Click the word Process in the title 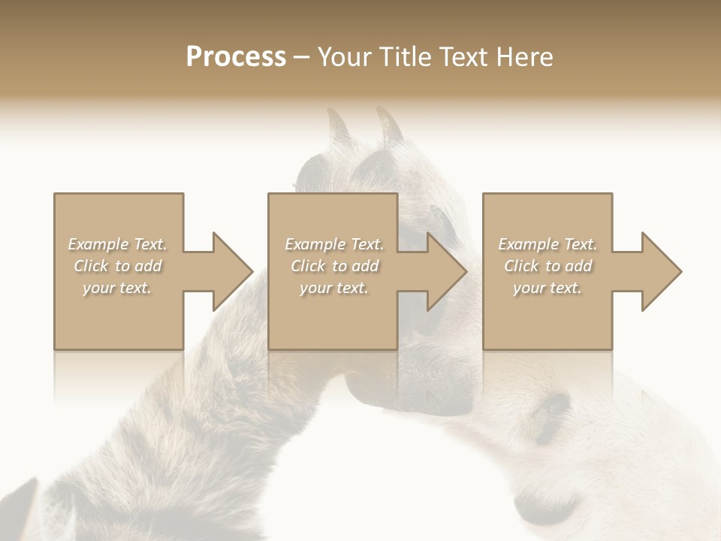[236, 57]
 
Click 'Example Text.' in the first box [118, 244]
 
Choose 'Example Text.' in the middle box [334, 244]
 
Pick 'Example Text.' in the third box [548, 244]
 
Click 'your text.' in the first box [118, 288]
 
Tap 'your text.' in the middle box [334, 288]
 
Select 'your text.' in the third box [548, 288]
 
